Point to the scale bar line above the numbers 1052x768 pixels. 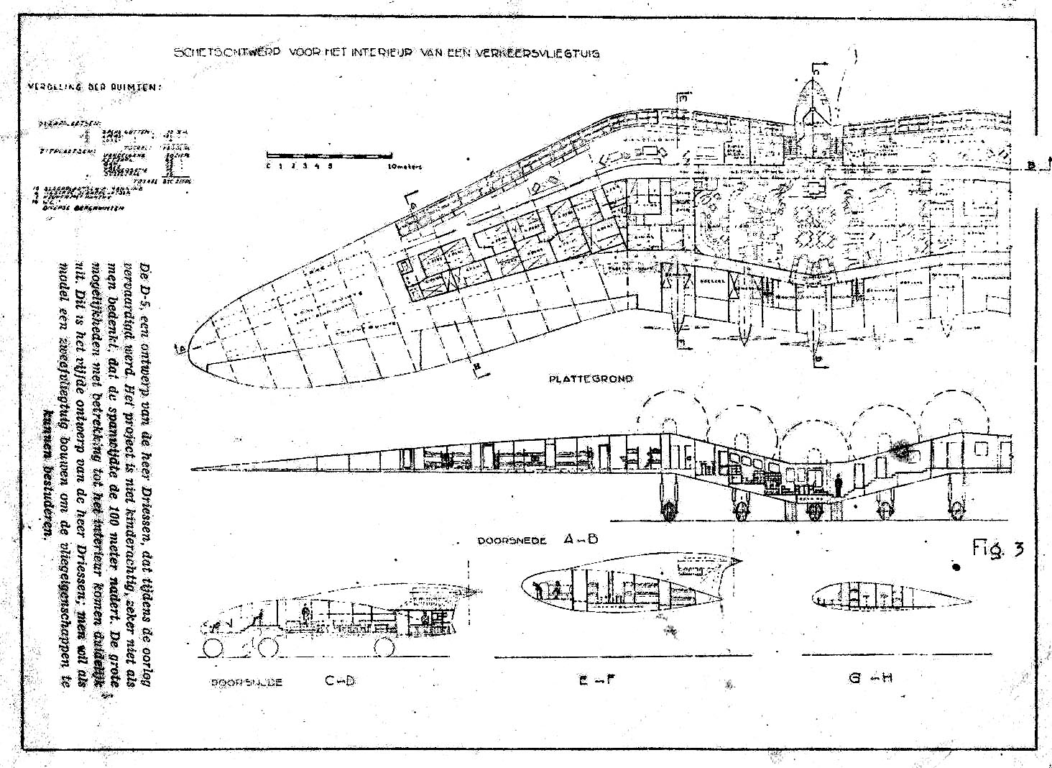tap(329, 155)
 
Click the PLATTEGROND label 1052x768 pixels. tap(591, 378)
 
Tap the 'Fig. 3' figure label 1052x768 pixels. tap(998, 549)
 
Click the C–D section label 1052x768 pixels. tap(340, 681)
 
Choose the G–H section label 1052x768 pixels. tap(870, 677)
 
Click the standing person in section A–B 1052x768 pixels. tap(837, 483)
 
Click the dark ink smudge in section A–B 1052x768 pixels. tap(900, 451)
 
